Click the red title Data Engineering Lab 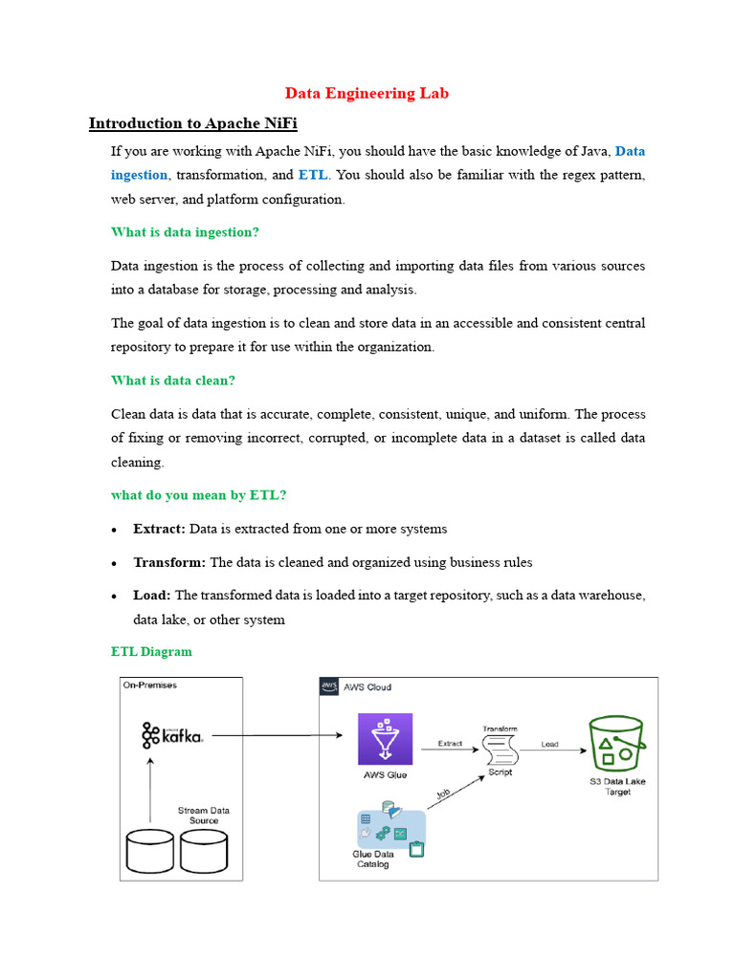pos(367,93)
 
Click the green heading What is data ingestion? pos(185,232)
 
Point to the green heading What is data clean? pos(172,381)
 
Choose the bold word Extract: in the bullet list pos(159,529)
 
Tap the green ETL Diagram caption pos(151,652)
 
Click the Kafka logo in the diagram pos(172,735)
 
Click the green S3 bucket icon pos(615,743)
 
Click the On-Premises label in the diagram pos(150,685)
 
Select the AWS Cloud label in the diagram pos(367,686)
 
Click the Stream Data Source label pos(203,816)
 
